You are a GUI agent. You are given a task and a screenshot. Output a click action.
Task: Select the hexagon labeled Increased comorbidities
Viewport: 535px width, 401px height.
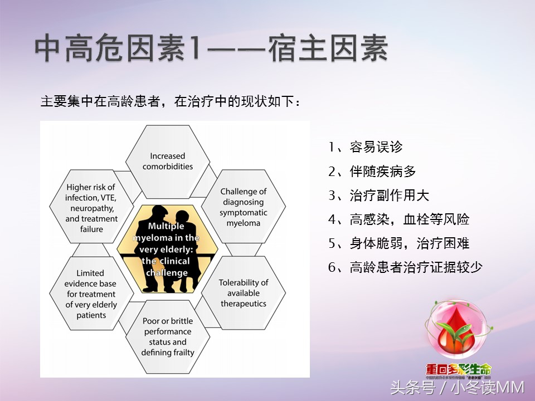coord(167,162)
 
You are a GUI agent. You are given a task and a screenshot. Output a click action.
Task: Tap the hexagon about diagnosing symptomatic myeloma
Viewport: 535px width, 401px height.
coord(243,207)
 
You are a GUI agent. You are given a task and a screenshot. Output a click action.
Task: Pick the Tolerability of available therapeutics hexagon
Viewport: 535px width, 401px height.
coord(243,293)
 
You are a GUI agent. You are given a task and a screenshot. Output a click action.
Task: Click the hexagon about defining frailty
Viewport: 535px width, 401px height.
coord(167,336)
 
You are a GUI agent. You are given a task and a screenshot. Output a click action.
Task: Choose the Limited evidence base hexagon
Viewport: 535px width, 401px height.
coord(91,294)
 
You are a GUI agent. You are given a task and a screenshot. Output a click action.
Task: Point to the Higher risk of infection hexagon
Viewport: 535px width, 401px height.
coord(91,208)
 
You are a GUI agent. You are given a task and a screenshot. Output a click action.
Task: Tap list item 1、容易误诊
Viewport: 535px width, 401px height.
coord(366,147)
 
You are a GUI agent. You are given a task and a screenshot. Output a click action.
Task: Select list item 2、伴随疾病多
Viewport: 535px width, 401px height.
coord(372,172)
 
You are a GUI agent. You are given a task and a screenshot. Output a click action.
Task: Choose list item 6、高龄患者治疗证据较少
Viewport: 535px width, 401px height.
coord(405,267)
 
